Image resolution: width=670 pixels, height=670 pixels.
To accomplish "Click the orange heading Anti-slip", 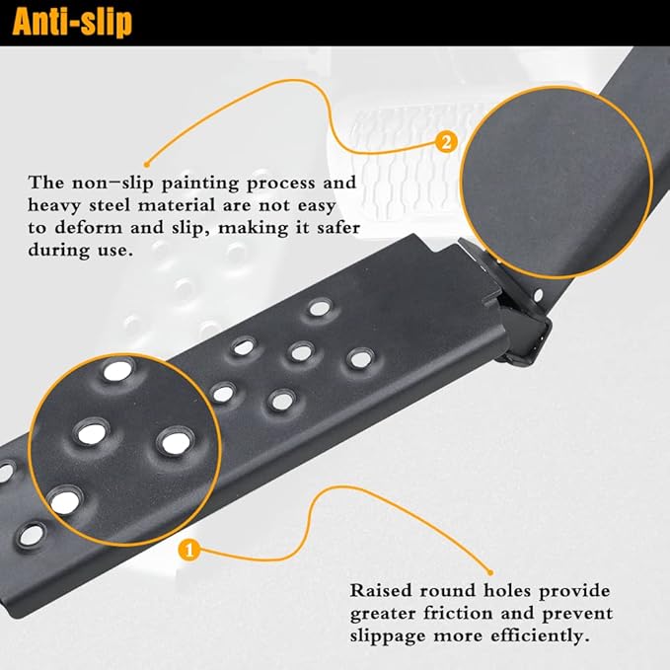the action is pos(72,22).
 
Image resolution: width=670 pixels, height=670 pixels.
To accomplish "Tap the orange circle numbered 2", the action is pos(446,142).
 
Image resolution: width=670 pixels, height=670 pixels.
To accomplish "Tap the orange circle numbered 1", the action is pos(188,550).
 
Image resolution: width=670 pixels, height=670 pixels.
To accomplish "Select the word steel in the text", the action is pos(110,205).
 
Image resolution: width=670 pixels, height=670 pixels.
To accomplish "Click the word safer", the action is pos(338,228).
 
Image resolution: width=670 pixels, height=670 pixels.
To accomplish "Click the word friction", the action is pos(458,614).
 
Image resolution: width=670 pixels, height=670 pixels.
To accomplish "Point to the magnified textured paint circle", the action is pos(556,183).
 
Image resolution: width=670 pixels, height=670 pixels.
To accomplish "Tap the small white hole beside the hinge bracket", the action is pos(538,294).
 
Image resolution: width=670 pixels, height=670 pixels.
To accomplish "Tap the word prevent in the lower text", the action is pos(577,614).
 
